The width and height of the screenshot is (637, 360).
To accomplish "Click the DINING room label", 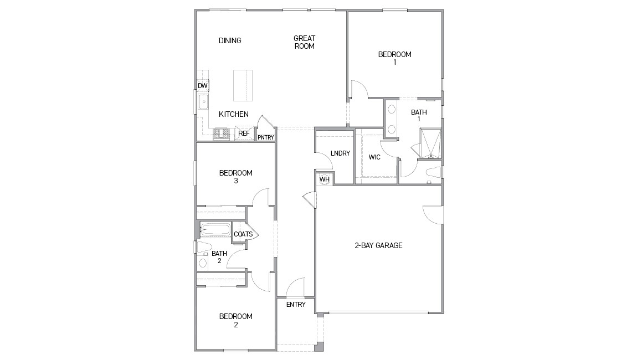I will click(x=230, y=40).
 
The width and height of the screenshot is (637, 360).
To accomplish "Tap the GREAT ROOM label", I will click(x=304, y=42).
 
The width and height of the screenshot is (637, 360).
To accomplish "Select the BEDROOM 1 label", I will click(x=394, y=58).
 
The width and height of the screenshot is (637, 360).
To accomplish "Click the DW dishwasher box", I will click(x=203, y=86).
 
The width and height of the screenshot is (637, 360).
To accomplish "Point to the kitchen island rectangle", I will click(x=240, y=85).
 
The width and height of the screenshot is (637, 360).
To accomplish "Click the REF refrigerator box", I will click(x=244, y=133).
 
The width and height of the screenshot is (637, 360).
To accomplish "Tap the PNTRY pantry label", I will click(x=265, y=137).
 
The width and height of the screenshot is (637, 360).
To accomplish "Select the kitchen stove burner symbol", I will click(x=222, y=133).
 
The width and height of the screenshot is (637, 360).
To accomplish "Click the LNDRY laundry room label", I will click(x=340, y=153).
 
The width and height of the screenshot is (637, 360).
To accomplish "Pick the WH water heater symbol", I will click(x=324, y=179).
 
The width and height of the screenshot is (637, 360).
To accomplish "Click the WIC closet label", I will click(x=374, y=157).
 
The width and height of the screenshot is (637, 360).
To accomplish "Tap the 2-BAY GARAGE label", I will click(x=378, y=245).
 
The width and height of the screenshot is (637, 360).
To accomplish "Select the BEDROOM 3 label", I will click(x=235, y=177).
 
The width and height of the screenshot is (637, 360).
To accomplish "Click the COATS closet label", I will click(x=243, y=234).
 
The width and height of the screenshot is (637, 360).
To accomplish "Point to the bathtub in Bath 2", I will click(x=215, y=229).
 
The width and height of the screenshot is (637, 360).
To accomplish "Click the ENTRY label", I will click(x=296, y=305).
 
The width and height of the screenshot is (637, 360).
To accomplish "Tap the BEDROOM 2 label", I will click(x=235, y=321).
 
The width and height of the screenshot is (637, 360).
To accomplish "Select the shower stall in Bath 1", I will click(x=430, y=143).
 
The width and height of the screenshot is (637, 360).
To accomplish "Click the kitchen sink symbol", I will click(x=203, y=102).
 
